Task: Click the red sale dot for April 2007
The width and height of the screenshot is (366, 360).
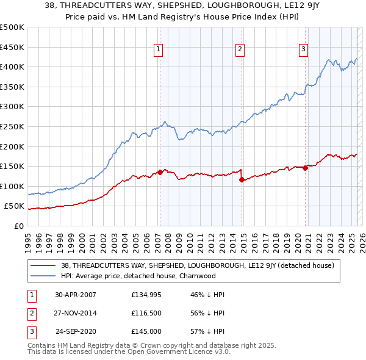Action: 160,172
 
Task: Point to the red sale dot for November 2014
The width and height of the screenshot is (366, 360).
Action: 242,179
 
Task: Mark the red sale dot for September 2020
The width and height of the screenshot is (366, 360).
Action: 305,168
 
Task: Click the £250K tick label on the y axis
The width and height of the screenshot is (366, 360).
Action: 12,126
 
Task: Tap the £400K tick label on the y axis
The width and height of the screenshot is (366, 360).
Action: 12,67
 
